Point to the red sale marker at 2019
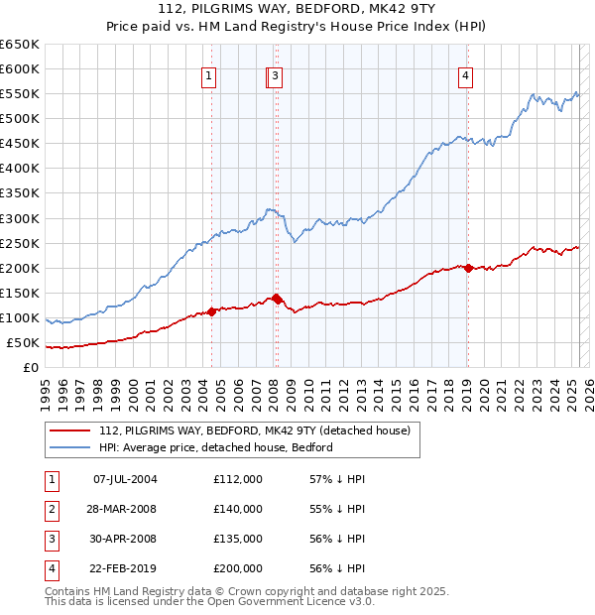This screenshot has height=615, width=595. click(x=467, y=268)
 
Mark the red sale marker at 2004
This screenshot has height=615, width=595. click(x=211, y=311)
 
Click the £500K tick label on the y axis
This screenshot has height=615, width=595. click(x=20, y=118)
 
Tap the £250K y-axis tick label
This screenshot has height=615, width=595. click(x=20, y=243)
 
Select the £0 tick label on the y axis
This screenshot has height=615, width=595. click(x=30, y=368)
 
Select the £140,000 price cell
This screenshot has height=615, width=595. click(x=238, y=509)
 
